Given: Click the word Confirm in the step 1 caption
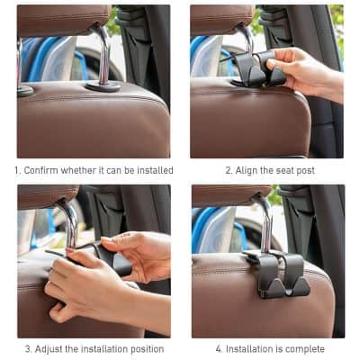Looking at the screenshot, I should [x=44, y=170].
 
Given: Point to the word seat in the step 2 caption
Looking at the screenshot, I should [x=283, y=170].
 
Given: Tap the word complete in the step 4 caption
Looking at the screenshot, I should [x=308, y=349].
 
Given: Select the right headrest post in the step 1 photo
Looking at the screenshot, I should [x=104, y=58].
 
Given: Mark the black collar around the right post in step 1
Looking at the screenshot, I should [x=103, y=86].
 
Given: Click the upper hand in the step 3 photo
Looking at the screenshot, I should [x=135, y=253].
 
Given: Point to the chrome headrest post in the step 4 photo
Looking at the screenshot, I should [x=265, y=225].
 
